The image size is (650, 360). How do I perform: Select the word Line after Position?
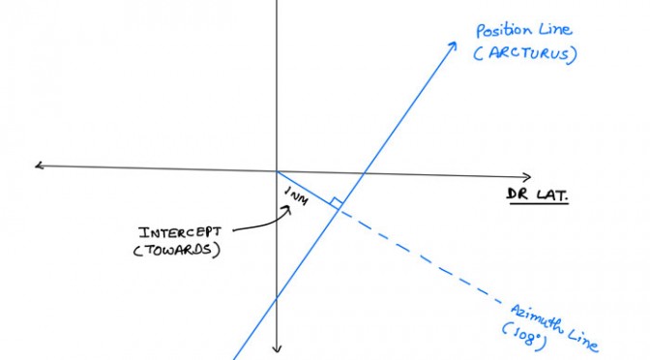click(x=555, y=29)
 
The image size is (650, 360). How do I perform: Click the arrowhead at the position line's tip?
click(x=453, y=45)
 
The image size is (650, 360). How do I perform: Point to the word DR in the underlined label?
click(x=517, y=194)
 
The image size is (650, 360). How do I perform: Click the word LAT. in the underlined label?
click(x=552, y=195)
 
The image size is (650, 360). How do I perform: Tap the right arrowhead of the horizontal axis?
click(x=527, y=177)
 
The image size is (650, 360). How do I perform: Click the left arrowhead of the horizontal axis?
click(x=39, y=165)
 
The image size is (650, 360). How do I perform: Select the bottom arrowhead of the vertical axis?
click(x=277, y=348)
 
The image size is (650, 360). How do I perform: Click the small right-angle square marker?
click(x=337, y=203)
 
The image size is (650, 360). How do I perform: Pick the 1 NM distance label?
click(x=297, y=195)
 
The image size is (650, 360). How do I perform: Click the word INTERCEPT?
click(x=180, y=232)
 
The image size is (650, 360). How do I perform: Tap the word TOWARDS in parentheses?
click(x=178, y=251)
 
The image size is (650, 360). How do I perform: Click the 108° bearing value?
click(x=524, y=336)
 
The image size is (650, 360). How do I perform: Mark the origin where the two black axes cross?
click(x=277, y=170)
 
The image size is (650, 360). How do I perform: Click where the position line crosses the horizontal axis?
click(x=364, y=173)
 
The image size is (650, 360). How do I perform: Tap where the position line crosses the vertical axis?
click(x=277, y=298)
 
